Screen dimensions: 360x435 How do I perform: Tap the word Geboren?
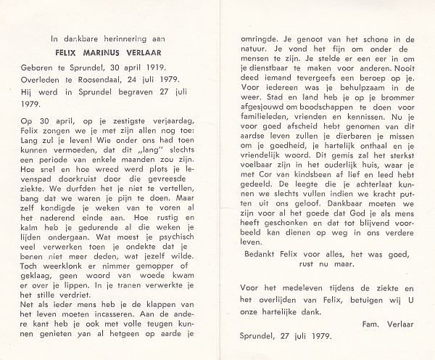tap(33, 66)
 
